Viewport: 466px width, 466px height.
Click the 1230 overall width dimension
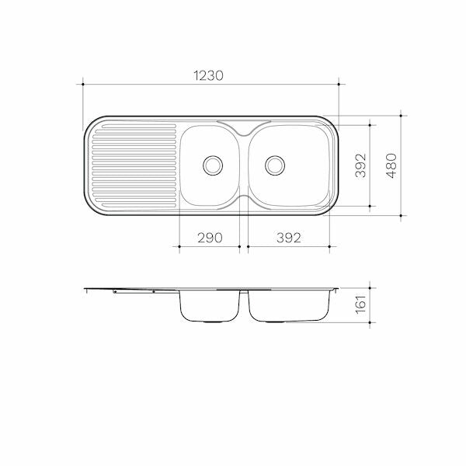pyautogui.click(x=208, y=75)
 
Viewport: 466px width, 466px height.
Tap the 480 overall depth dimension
pyautogui.click(x=391, y=165)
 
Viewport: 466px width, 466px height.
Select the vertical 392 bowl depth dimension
pyautogui.click(x=360, y=165)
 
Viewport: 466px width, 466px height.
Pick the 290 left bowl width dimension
pyautogui.click(x=210, y=238)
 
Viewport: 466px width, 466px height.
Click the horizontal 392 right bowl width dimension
pyautogui.click(x=289, y=238)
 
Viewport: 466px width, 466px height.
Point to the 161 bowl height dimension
pyautogui.click(x=360, y=304)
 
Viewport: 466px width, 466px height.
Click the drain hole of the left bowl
pyautogui.click(x=213, y=165)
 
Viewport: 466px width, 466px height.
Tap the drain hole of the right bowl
pyautogui.click(x=275, y=165)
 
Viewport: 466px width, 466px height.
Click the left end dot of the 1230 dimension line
pyautogui.click(x=83, y=85)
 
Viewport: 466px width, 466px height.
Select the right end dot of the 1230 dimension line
pyautogui.click(x=339, y=85)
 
